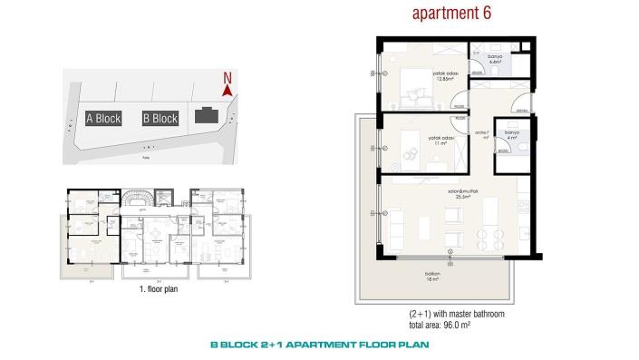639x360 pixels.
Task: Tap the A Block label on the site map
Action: pos(102,119)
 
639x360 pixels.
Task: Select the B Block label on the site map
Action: pos(160,119)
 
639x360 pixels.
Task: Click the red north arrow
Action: pos(228,90)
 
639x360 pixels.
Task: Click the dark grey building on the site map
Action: pos(207,117)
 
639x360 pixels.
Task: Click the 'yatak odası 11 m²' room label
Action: pos(441,141)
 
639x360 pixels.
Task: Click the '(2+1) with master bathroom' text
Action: pos(456,314)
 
